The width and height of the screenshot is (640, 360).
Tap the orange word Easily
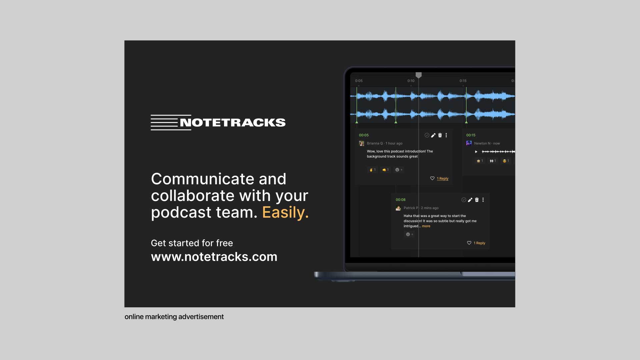pyautogui.click(x=285, y=212)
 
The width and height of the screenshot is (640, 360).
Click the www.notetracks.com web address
pyautogui.click(x=214, y=257)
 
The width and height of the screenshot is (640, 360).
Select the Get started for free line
pyautogui.click(x=192, y=243)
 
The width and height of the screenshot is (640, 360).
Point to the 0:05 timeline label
pyautogui.click(x=359, y=81)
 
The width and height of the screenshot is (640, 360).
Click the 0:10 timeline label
pyautogui.click(x=411, y=81)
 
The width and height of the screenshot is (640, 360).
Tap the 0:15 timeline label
pyautogui.click(x=463, y=81)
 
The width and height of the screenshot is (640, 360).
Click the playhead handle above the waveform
pyautogui.click(x=419, y=75)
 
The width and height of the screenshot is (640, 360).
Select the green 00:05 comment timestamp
pyautogui.click(x=364, y=135)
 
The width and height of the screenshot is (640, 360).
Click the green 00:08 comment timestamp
pyautogui.click(x=400, y=200)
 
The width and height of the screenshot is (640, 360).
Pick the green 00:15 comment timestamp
pyautogui.click(x=471, y=135)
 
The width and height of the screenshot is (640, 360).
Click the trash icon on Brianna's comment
pyautogui.click(x=440, y=135)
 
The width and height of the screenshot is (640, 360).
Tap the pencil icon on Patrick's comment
pyautogui.click(x=470, y=200)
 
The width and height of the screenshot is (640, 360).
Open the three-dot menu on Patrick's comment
pyautogui.click(x=483, y=200)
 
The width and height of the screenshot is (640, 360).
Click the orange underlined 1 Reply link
pyautogui.click(x=443, y=178)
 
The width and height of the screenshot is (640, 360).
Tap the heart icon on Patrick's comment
pyautogui.click(x=469, y=243)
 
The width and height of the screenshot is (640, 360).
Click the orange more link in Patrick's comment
pyautogui.click(x=426, y=226)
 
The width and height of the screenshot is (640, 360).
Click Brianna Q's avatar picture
pyautogui.click(x=361, y=143)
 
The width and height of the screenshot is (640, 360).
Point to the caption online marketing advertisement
pyautogui.click(x=174, y=317)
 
